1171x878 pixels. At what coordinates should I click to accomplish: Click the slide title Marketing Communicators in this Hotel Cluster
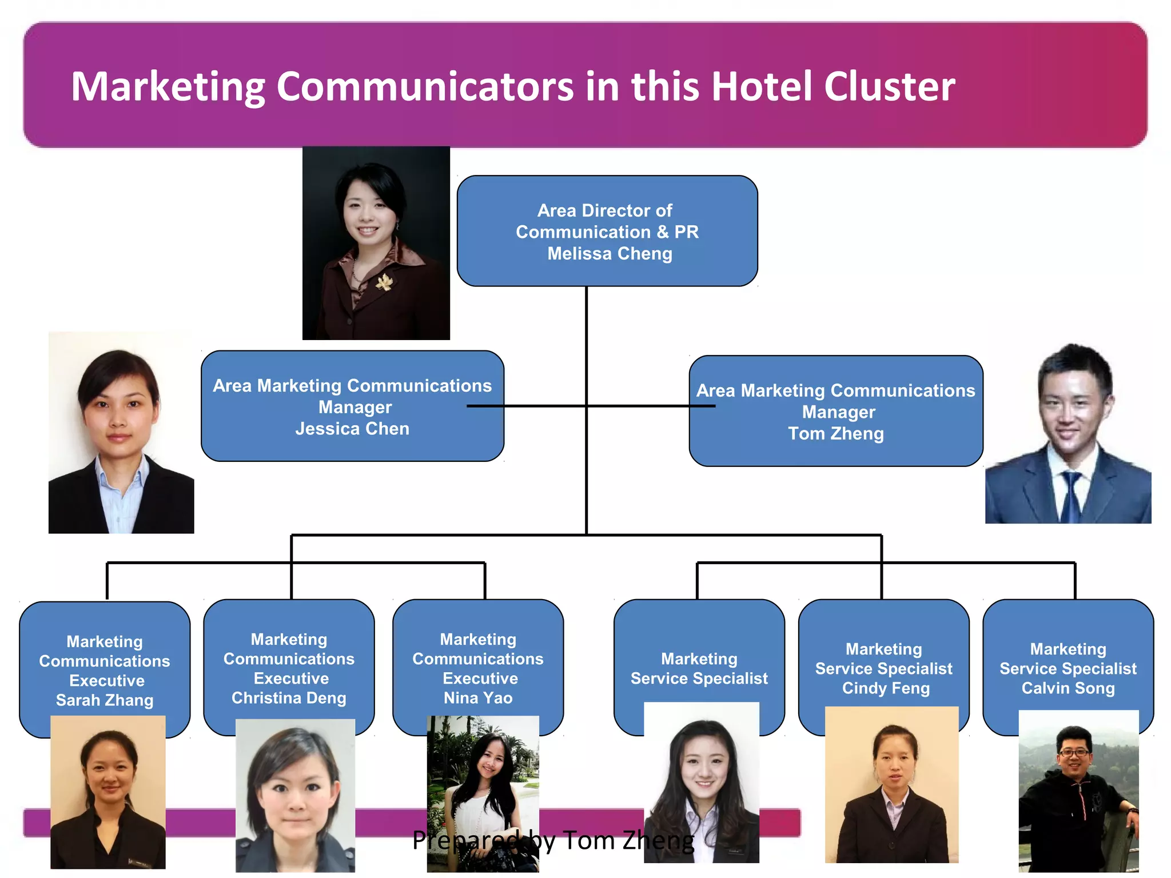click(x=512, y=86)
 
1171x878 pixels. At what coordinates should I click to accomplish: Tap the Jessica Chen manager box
click(x=352, y=406)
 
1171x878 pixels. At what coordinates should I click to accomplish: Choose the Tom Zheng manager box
click(x=835, y=412)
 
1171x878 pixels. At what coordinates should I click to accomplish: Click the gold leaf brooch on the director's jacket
click(x=384, y=281)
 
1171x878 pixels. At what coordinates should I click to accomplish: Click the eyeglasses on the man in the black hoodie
click(x=1073, y=753)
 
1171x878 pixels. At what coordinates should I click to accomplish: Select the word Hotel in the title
click(x=761, y=86)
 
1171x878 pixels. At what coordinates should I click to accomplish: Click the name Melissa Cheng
click(x=610, y=253)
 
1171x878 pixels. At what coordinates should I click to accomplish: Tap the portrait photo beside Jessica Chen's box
click(x=121, y=433)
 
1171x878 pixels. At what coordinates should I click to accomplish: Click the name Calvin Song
click(x=1068, y=688)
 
